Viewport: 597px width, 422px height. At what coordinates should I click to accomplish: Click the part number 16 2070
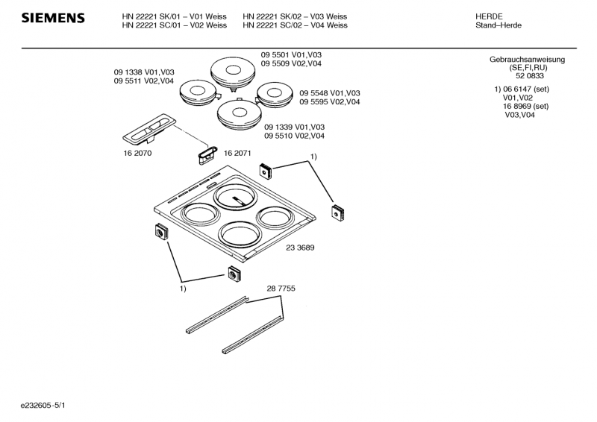pyautogui.click(x=133, y=153)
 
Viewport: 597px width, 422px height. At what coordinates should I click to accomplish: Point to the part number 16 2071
pyautogui.click(x=237, y=153)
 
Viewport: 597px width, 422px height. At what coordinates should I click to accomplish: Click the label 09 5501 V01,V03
pyautogui.click(x=292, y=55)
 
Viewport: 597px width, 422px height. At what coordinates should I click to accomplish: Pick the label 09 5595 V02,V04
pyautogui.click(x=330, y=101)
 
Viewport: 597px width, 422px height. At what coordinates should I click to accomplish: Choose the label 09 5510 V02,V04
pyautogui.click(x=294, y=136)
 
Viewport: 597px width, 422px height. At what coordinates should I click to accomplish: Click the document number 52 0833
pyautogui.click(x=529, y=76)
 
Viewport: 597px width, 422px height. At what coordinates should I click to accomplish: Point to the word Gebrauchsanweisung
pyautogui.click(x=527, y=60)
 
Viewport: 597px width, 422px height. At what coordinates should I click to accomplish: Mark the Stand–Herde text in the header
pyautogui.click(x=498, y=25)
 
